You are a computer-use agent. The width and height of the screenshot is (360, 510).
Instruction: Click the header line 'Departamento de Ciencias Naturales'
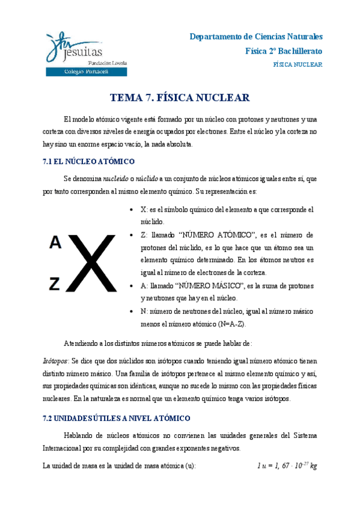pos(256,36)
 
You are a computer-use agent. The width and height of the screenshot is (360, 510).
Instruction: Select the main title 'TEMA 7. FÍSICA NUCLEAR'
pos(180,98)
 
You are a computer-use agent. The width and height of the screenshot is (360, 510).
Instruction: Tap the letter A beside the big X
pos(55,242)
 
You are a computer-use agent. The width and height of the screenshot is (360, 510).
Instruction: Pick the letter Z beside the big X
pos(55,283)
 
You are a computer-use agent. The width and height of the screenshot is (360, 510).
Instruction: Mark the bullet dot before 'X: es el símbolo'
pos(132,210)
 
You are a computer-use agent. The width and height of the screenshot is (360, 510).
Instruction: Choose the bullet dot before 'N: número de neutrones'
pos(132,312)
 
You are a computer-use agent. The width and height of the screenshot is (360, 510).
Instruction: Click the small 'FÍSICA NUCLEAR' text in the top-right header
pos(297,64)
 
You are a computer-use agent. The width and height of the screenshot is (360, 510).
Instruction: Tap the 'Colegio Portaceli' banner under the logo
pos(86,72)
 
